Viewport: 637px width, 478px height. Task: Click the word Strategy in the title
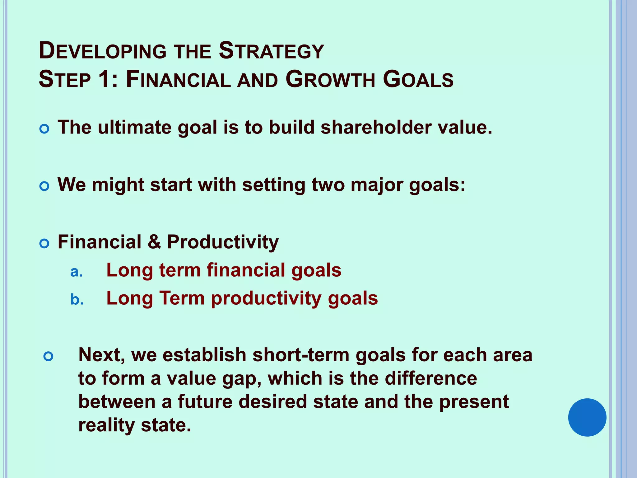point(271,51)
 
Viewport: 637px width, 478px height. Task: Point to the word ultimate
point(134,128)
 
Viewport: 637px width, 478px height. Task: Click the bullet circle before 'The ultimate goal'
point(44,129)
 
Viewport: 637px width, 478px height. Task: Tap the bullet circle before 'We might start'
point(44,186)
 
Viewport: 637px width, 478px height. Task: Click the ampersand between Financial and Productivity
point(154,242)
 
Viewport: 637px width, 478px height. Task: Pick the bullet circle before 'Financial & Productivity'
point(44,244)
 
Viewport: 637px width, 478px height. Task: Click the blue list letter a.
point(76,272)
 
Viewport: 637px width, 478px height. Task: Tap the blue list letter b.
point(77,300)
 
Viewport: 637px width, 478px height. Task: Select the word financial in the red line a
point(246,270)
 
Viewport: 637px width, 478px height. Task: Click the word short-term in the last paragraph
point(301,355)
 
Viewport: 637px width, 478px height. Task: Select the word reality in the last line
point(106,425)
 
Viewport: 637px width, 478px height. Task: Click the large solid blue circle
point(587,417)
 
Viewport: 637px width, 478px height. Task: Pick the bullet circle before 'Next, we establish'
point(49,356)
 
